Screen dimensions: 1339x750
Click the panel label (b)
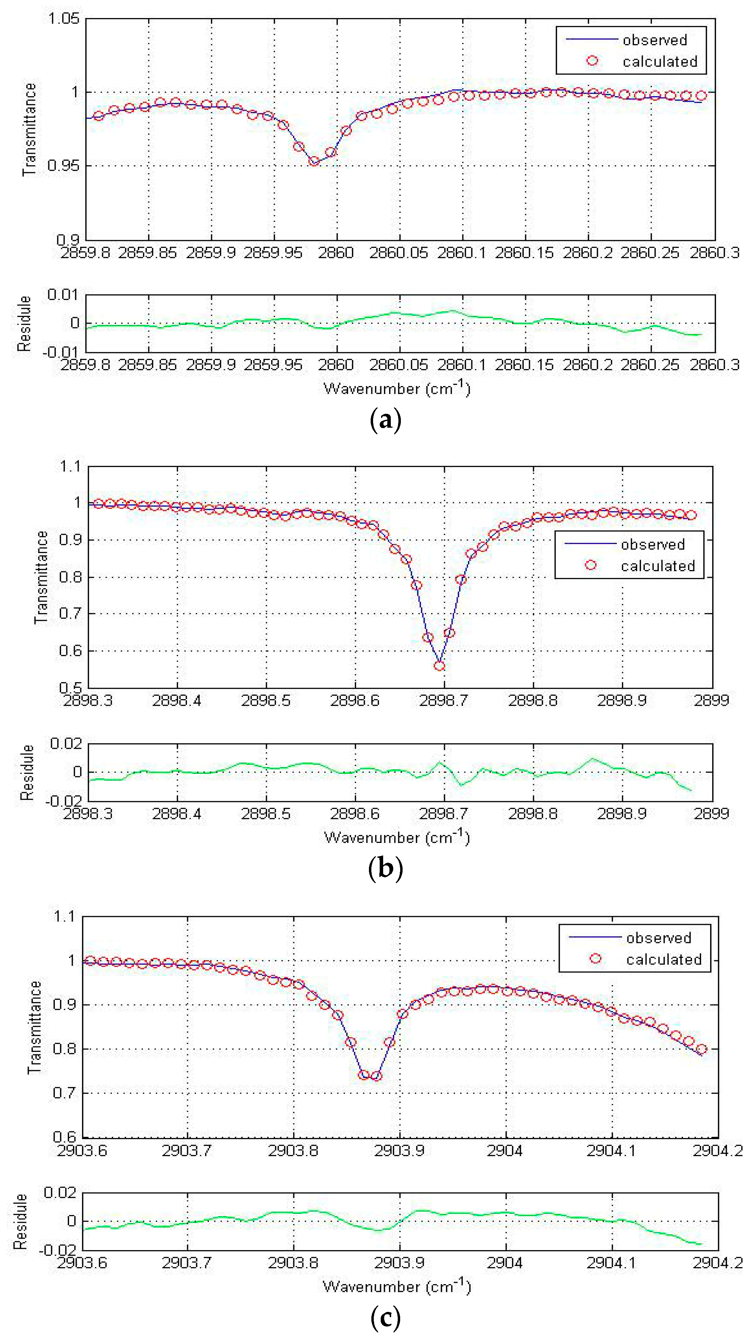coord(385,868)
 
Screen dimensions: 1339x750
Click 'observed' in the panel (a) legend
coord(655,40)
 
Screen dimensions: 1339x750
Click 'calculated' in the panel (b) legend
coord(657,566)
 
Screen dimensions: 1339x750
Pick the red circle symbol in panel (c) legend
coord(596,958)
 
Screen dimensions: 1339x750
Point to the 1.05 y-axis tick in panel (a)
coord(64,19)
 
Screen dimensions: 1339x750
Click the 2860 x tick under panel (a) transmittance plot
coord(337,253)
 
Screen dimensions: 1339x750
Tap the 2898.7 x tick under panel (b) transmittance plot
coord(444,701)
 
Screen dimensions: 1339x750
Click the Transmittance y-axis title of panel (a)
coord(30,129)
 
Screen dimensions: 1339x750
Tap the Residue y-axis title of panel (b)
coord(27,772)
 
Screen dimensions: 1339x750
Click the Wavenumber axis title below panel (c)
coord(397,1286)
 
